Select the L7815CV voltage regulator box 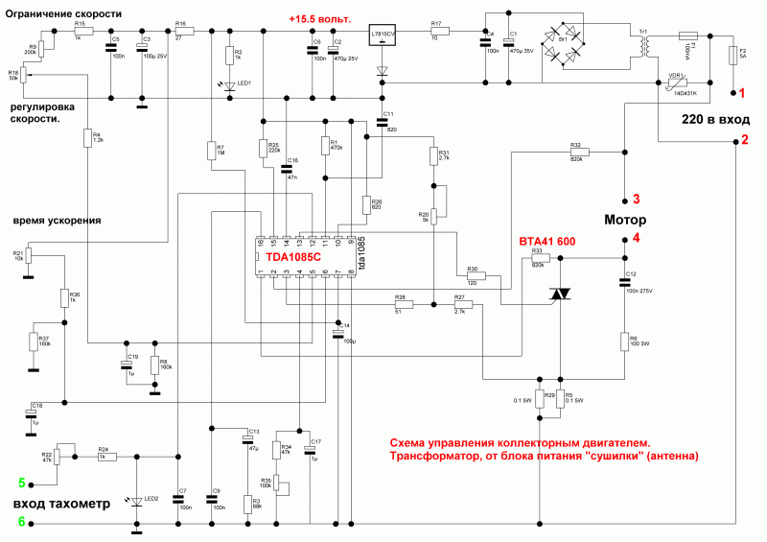coord(383,37)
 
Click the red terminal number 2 coord(741,141)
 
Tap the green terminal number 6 coord(21,521)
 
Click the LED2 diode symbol coord(137,502)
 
